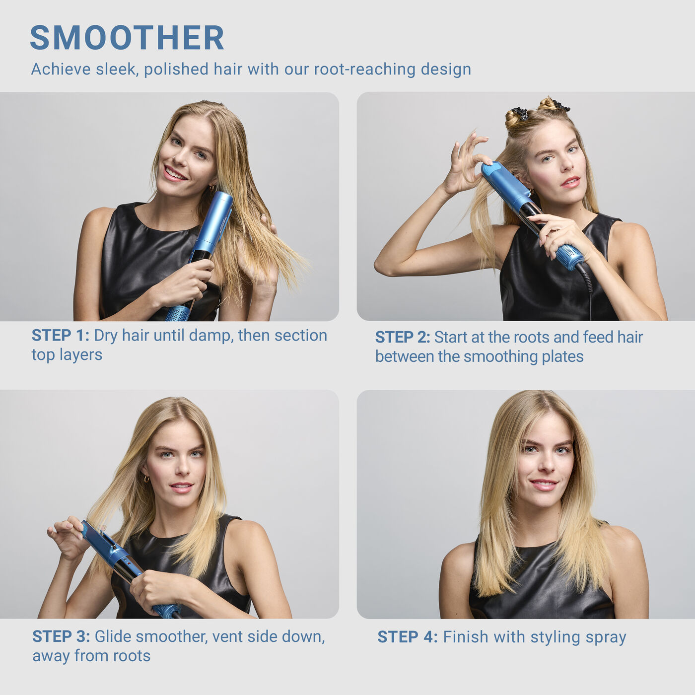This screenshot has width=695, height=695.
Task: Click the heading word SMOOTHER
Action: pyautogui.click(x=127, y=38)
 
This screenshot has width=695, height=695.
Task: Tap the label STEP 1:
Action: pyautogui.click(x=60, y=336)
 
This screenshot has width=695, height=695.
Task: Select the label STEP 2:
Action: pyautogui.click(x=402, y=338)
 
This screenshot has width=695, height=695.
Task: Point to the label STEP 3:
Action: pyautogui.click(x=61, y=636)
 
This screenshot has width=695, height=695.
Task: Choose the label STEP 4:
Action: pyautogui.click(x=407, y=637)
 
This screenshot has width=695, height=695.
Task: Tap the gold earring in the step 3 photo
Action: pyautogui.click(x=146, y=479)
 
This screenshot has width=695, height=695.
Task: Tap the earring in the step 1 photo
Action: pyautogui.click(x=211, y=188)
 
